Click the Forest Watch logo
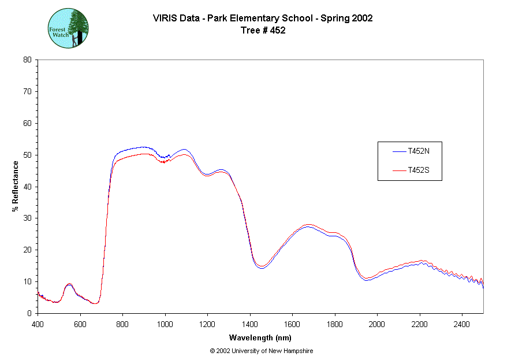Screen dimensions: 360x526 68,28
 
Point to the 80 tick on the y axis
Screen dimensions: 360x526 27,60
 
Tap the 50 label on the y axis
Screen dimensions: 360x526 27,155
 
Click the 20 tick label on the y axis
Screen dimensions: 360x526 27,250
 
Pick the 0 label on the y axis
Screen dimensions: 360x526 29,313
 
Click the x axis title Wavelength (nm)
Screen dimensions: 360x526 260,337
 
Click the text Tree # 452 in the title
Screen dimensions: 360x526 263,30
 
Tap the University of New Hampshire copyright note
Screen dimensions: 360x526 262,351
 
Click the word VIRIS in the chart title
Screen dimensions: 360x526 164,18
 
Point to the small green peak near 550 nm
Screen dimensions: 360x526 69,284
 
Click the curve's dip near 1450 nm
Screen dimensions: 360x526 261,267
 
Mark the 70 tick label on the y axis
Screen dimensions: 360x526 27,91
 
